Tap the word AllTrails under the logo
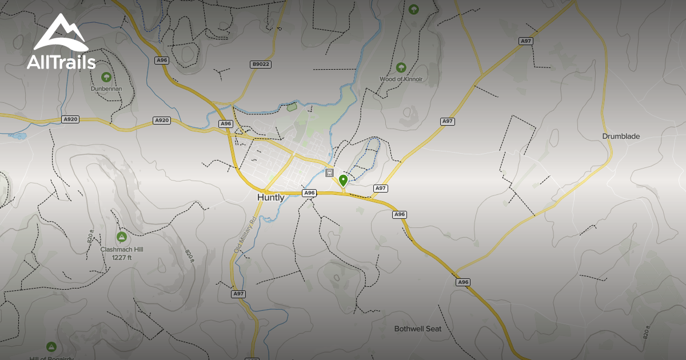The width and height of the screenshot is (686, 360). (x=61, y=62)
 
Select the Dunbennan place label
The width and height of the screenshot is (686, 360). (x=107, y=89)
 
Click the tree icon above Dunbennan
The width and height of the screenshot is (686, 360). (x=106, y=77)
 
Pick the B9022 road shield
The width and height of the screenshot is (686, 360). (x=260, y=65)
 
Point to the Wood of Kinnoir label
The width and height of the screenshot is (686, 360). (x=401, y=79)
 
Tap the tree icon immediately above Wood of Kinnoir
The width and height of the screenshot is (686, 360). (x=401, y=67)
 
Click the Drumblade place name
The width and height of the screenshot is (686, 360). (x=621, y=137)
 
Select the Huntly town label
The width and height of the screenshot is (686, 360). (x=270, y=198)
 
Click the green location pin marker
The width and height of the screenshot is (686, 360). (x=343, y=181)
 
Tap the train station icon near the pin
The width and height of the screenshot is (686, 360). (x=329, y=173)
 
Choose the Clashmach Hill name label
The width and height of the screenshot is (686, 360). (x=122, y=250)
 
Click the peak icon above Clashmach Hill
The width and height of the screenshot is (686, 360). (x=121, y=237)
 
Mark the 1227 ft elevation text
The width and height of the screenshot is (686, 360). (x=122, y=258)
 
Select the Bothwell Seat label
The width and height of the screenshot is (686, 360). (x=418, y=329)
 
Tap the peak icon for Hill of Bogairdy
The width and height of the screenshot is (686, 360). (x=51, y=346)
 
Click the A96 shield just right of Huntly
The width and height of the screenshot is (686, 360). (x=309, y=193)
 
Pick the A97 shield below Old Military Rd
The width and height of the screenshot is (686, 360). (x=238, y=294)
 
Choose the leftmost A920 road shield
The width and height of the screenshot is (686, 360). (x=70, y=119)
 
